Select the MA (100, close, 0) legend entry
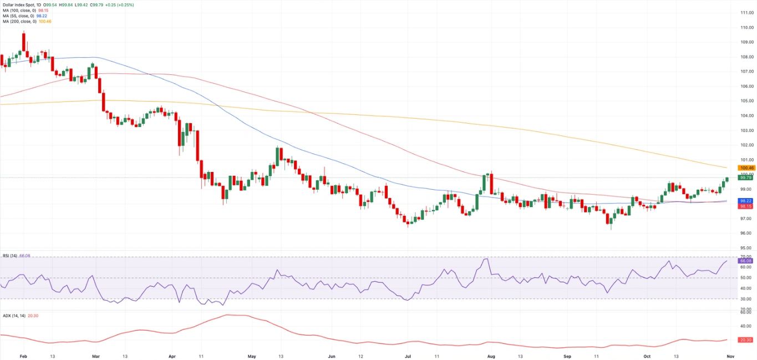(x=19, y=11)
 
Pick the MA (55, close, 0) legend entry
(x=18, y=16)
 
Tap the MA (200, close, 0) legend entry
(x=19, y=22)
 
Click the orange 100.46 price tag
(x=746, y=168)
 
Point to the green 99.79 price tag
(x=746, y=178)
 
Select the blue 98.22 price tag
(x=746, y=201)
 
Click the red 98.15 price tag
(x=746, y=206)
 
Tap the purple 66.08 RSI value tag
(x=746, y=260)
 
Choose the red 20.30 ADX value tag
(x=746, y=339)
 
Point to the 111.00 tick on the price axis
(x=746, y=12)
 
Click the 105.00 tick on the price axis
(x=746, y=101)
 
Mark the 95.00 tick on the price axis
(x=746, y=247)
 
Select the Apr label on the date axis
(x=172, y=355)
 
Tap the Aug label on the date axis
(x=490, y=355)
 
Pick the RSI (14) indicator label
(x=9, y=256)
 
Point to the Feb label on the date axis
(x=23, y=355)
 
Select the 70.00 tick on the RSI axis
(x=746, y=256)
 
